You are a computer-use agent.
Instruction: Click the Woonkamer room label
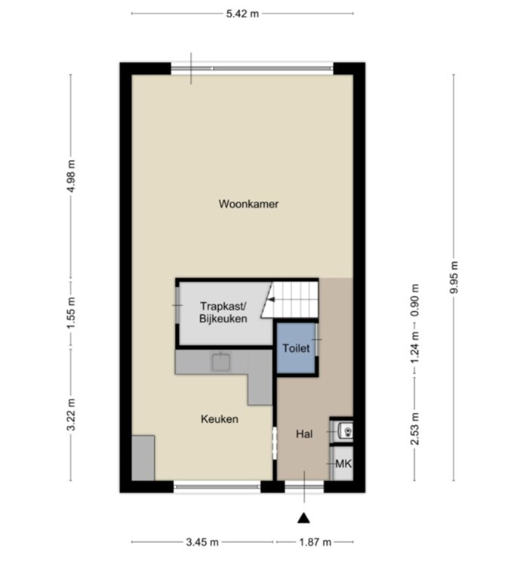click(248, 204)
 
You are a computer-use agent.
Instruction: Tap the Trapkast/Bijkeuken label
click(223, 313)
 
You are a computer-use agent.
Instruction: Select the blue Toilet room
click(295, 349)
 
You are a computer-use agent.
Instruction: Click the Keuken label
click(219, 419)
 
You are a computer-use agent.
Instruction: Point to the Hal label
click(304, 434)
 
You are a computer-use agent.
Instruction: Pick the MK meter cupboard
click(343, 464)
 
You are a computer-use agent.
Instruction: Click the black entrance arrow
click(304, 517)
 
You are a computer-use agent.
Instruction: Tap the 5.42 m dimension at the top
click(242, 14)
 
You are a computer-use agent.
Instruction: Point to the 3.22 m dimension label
click(71, 415)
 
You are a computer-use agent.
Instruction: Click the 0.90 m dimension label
click(414, 301)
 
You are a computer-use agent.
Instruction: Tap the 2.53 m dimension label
click(414, 429)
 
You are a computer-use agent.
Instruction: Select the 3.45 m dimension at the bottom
click(203, 542)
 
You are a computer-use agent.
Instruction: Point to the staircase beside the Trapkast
click(295, 298)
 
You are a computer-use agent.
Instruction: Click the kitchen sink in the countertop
click(222, 362)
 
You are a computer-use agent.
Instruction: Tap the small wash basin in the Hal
click(345, 431)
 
